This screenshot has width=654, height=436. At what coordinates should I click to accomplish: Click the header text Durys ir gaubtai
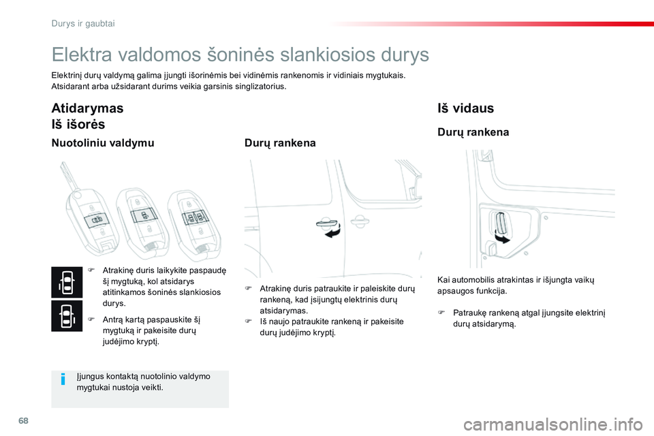click(x=83, y=23)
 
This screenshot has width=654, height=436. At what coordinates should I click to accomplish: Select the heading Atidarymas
click(x=88, y=108)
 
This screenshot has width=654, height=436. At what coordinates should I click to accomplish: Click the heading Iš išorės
click(x=79, y=124)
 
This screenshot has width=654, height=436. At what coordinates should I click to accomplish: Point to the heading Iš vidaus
click(x=465, y=108)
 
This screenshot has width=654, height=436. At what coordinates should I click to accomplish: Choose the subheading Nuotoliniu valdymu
click(x=103, y=143)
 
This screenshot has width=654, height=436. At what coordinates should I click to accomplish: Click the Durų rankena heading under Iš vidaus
click(x=473, y=132)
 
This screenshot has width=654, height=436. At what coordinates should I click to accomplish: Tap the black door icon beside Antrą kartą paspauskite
click(x=66, y=316)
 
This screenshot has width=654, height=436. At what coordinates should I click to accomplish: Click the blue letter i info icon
click(x=63, y=379)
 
